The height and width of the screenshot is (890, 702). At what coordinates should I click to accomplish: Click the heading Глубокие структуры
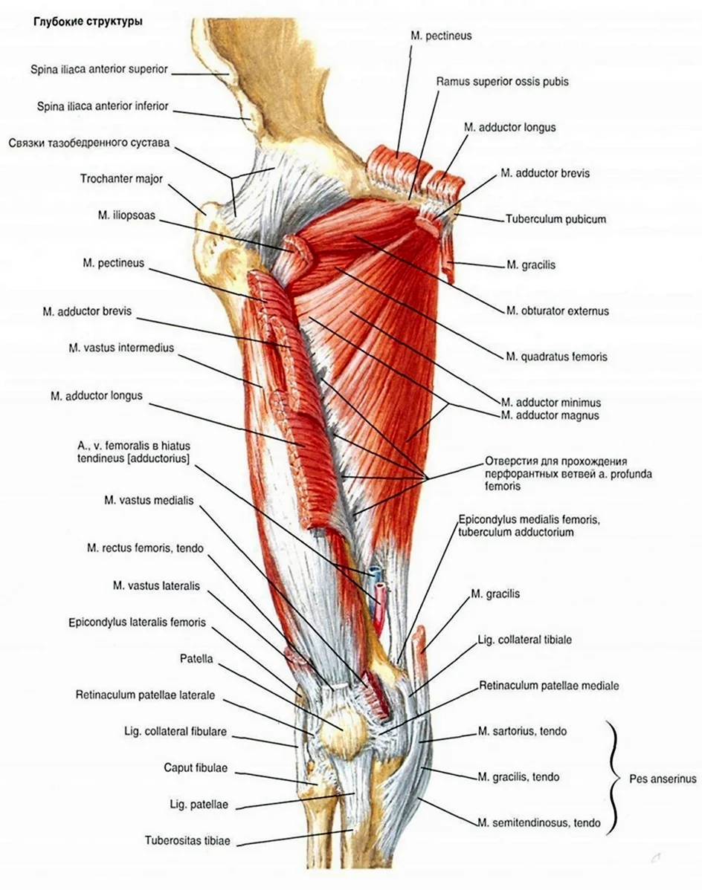(x=88, y=23)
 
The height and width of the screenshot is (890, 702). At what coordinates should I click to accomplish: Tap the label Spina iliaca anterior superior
(x=100, y=69)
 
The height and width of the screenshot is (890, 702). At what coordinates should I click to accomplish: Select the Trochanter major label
(x=121, y=179)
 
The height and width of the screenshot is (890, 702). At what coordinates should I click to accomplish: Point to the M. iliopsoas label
(x=126, y=216)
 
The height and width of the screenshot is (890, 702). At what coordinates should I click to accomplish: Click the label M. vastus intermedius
(x=121, y=348)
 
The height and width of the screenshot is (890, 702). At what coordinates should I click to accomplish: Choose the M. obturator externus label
(x=558, y=311)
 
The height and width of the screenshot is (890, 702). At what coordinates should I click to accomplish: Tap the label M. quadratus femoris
(x=556, y=357)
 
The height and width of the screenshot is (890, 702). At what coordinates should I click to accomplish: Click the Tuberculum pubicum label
(x=556, y=219)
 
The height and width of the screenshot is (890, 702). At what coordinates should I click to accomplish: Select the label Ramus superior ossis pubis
(x=503, y=82)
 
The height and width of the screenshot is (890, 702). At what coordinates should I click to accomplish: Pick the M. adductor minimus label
(x=551, y=403)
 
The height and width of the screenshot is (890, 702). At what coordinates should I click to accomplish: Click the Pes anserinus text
(x=663, y=779)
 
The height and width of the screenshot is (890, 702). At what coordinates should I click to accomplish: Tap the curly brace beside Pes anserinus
(x=614, y=778)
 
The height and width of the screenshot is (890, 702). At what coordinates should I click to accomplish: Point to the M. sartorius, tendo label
(x=523, y=732)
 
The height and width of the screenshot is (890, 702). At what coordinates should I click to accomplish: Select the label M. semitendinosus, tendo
(x=539, y=822)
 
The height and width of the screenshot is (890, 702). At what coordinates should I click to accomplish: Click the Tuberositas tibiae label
(x=187, y=841)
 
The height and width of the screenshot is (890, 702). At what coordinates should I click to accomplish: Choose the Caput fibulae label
(x=196, y=768)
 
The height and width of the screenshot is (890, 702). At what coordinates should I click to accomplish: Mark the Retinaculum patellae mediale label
(x=550, y=686)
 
